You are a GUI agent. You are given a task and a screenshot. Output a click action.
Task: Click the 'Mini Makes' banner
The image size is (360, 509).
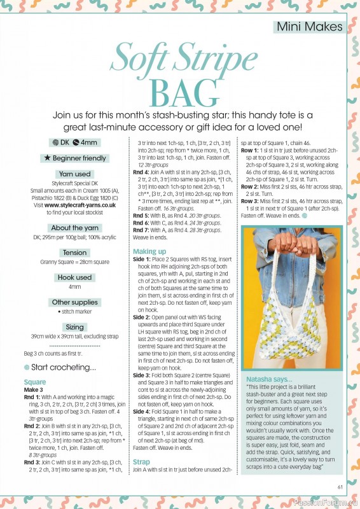coord(310,27)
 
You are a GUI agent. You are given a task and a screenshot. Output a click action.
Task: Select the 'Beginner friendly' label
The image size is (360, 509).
coord(74,157)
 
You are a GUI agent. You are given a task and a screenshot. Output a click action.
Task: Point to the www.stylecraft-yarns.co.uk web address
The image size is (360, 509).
coord(70,205)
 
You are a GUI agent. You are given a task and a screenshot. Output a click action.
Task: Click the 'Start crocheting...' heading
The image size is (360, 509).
coord(59,367)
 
